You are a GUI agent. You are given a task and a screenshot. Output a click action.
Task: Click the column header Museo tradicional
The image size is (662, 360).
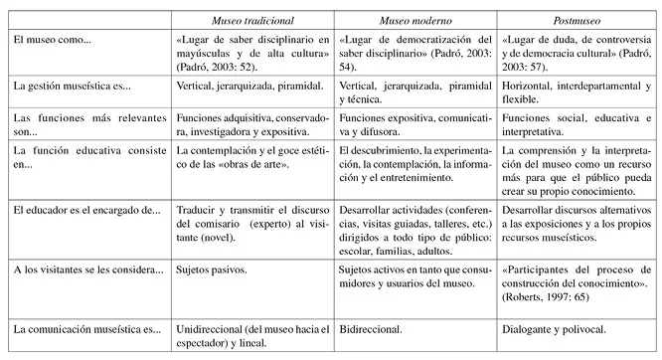pyautogui.click(x=254, y=21)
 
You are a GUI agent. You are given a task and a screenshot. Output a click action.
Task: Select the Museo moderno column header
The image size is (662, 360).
pyautogui.click(x=415, y=21)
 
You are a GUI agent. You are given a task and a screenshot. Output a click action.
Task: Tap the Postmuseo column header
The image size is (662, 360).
pyautogui.click(x=576, y=21)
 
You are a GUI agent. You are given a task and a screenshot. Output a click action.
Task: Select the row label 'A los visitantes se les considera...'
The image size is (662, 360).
pyautogui.click(x=87, y=270)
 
